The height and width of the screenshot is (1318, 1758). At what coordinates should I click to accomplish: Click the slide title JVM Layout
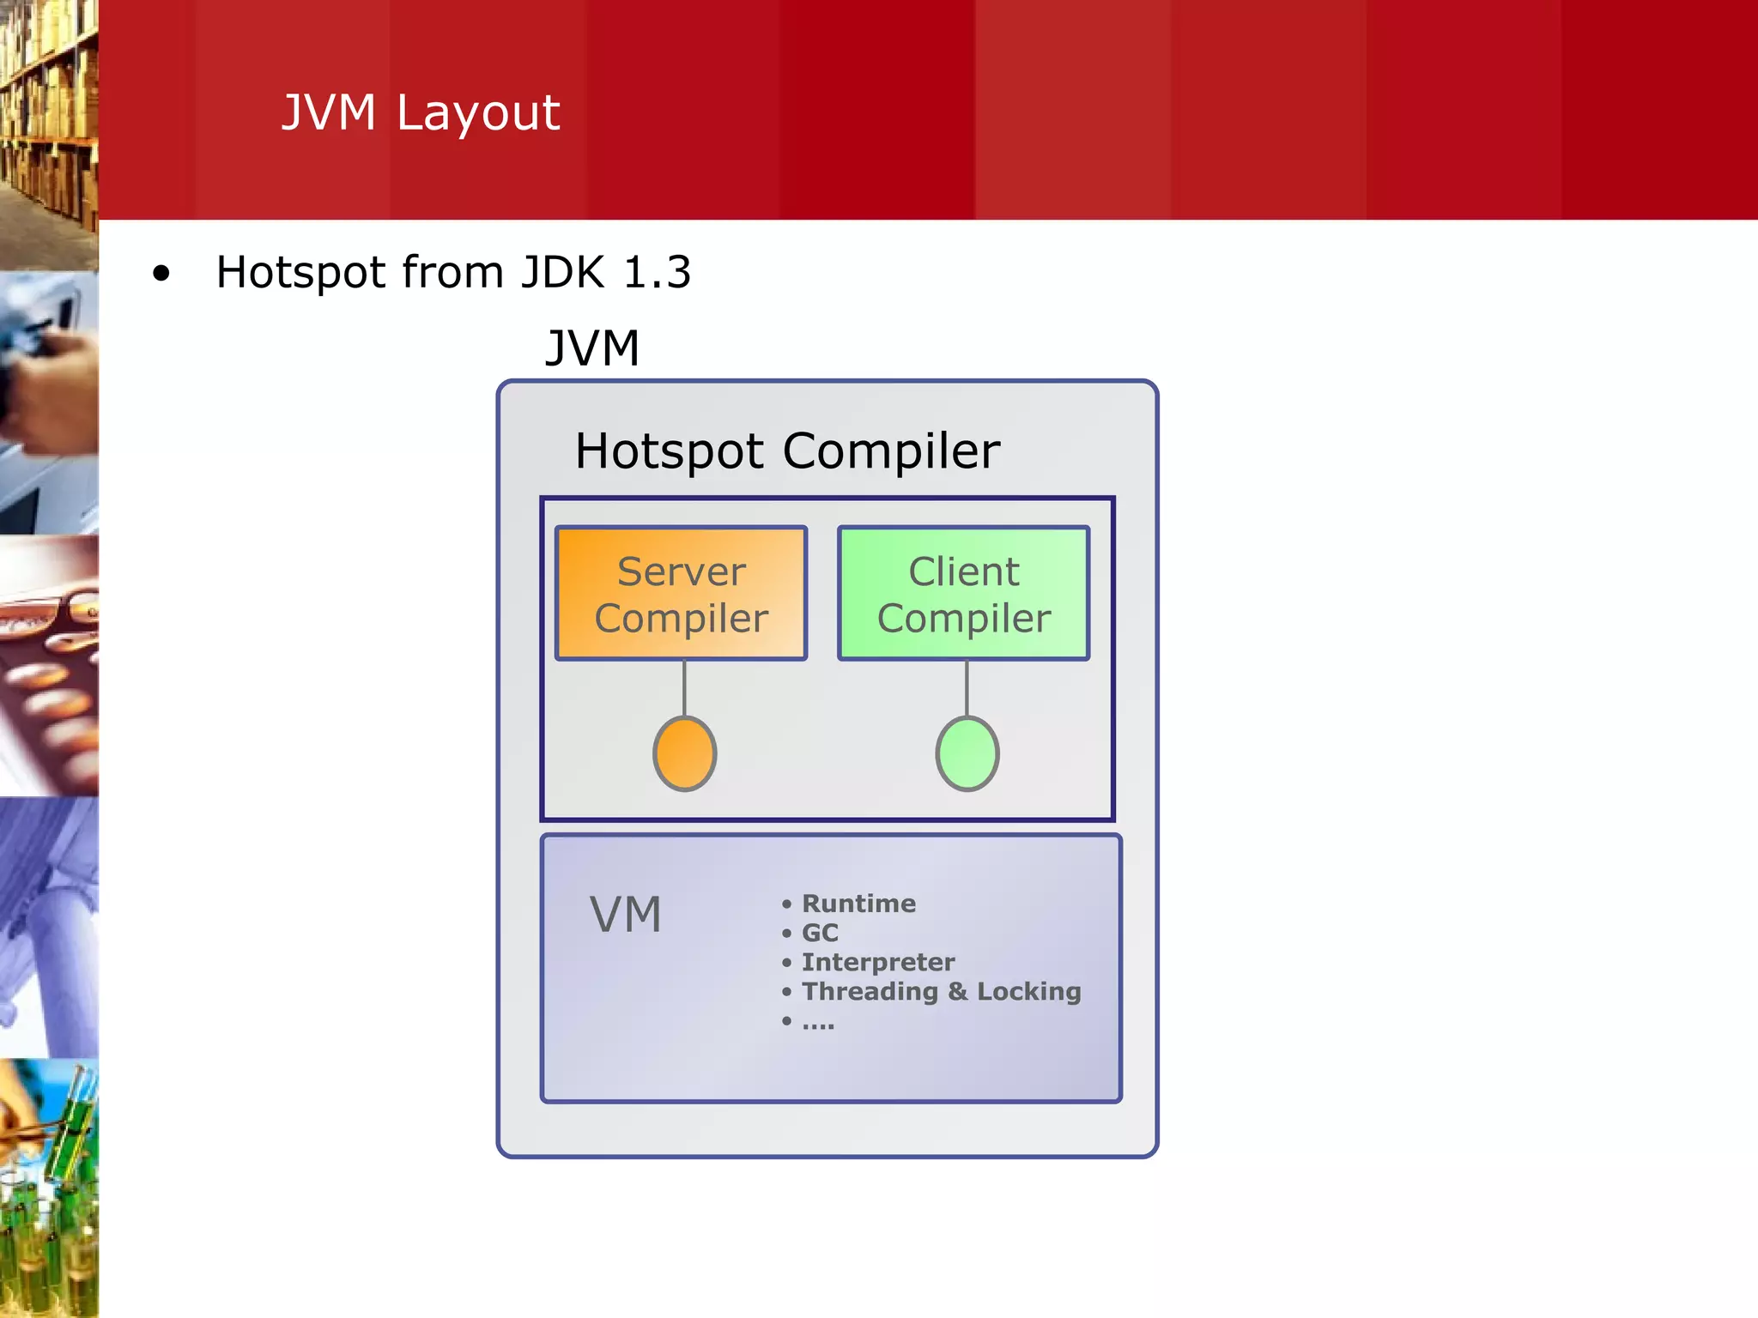click(421, 112)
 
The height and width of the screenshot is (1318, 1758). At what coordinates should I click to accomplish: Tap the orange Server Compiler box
click(681, 593)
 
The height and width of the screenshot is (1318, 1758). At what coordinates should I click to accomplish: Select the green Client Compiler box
click(963, 593)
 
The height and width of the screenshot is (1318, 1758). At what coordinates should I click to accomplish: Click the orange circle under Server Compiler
click(684, 753)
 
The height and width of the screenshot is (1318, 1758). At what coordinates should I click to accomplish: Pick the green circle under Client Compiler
click(967, 753)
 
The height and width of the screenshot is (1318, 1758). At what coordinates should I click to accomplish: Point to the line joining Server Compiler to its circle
click(684, 687)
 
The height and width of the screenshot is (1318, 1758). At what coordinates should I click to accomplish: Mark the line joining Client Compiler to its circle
click(967, 687)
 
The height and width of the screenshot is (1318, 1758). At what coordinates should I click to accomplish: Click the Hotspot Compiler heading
click(787, 451)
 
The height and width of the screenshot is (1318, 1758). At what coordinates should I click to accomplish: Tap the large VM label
click(626, 915)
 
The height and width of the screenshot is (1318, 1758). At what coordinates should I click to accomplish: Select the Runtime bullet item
click(858, 904)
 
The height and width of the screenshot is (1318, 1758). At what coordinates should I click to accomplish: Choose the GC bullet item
click(820, 933)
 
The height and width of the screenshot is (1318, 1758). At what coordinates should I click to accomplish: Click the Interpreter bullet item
click(877, 962)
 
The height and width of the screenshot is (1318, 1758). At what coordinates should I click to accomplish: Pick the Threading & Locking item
click(941, 991)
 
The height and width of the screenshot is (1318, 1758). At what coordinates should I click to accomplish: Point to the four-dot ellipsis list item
click(817, 1023)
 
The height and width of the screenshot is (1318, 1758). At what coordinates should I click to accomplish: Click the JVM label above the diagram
click(592, 348)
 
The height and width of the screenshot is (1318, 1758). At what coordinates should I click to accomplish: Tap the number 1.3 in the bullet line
click(657, 273)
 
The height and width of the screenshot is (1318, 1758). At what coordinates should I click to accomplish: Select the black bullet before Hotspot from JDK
click(161, 275)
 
